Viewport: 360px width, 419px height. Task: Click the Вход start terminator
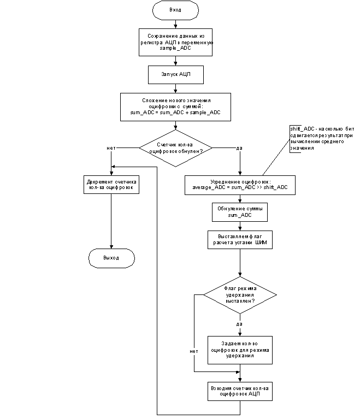[175, 10]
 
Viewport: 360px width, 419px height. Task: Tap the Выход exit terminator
[111, 258]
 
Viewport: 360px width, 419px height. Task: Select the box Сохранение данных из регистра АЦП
[175, 42]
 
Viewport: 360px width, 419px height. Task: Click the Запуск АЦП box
[175, 74]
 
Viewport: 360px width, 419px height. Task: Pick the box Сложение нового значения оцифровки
[175, 107]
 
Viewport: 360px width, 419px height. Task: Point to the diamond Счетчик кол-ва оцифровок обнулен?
[175, 148]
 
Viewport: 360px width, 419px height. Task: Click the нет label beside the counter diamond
[111, 148]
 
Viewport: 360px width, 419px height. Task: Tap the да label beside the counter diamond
[239, 148]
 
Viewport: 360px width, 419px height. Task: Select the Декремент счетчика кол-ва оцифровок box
[111, 184]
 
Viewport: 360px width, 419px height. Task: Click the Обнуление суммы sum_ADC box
[240, 212]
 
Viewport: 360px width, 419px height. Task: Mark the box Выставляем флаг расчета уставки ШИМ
[240, 240]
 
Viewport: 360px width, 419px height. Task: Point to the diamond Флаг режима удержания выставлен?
[240, 294]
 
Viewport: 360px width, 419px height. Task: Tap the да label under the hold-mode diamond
[239, 324]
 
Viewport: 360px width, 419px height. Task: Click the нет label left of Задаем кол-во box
[193, 351]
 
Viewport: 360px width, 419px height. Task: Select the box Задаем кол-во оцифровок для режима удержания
[240, 350]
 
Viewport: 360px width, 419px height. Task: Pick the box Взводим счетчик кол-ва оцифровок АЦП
[240, 391]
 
